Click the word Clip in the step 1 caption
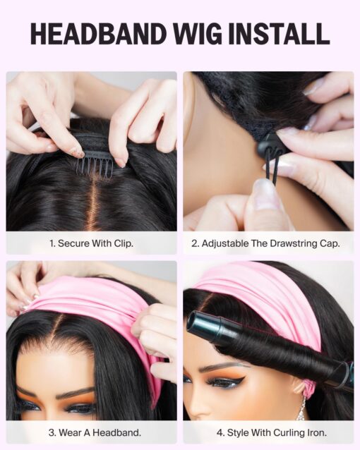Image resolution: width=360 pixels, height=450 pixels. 124,243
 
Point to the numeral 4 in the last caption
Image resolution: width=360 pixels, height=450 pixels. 220,432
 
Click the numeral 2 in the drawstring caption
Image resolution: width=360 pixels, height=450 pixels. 195,243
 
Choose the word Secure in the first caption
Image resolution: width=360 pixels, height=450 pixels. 73,243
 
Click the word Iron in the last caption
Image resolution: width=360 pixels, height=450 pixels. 317,432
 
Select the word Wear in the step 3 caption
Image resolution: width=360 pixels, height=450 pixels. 70,432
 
